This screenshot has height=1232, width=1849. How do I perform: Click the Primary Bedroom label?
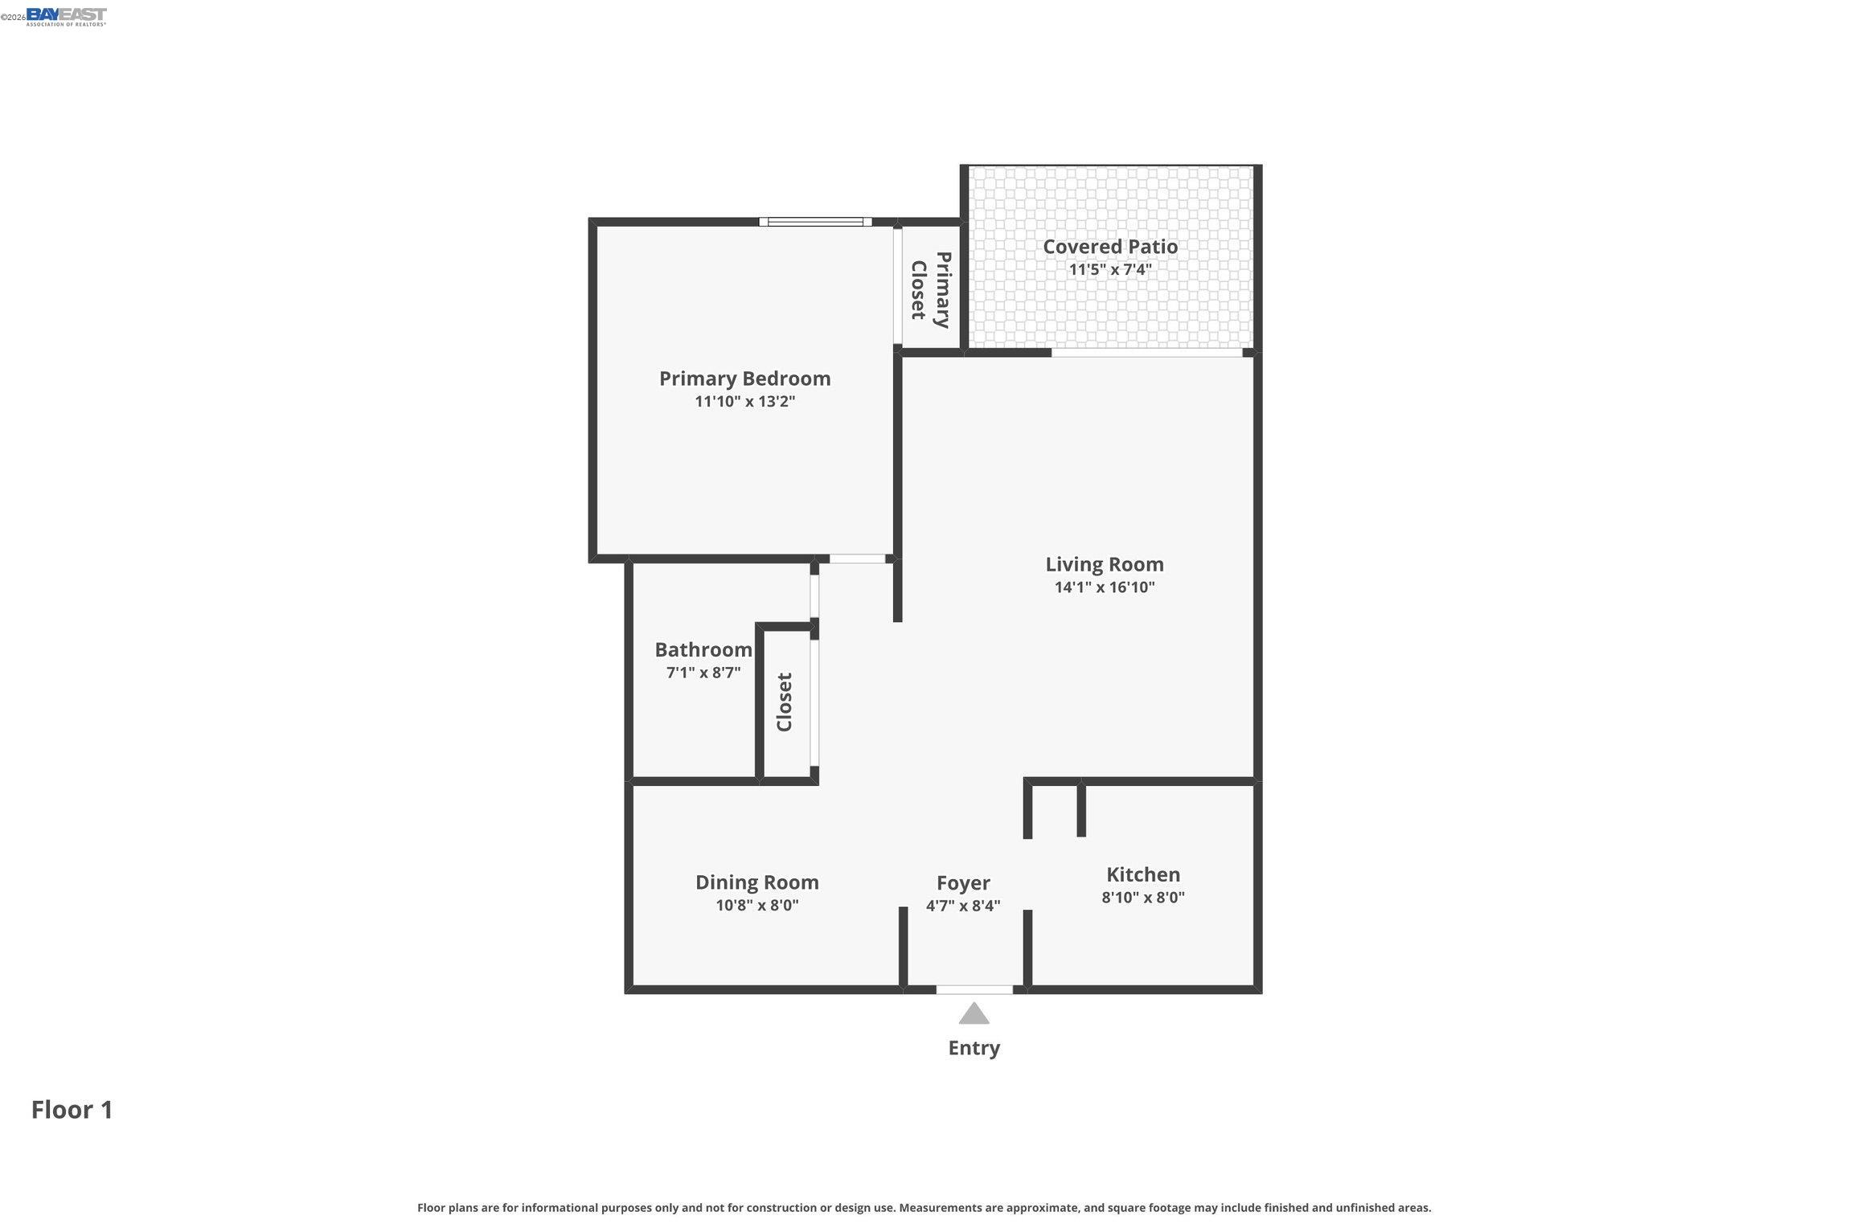pyautogui.click(x=744, y=379)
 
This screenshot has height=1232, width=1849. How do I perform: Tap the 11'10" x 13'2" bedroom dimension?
pyautogui.click(x=744, y=401)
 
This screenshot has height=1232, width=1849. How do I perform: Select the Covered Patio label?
pyautogui.click(x=1110, y=247)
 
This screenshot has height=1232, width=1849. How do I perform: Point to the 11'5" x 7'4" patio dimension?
pyautogui.click(x=1110, y=269)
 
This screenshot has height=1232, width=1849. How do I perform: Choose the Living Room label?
pyautogui.click(x=1105, y=565)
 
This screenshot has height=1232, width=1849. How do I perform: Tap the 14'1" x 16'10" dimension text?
pyautogui.click(x=1105, y=587)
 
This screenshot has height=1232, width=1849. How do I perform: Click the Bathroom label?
pyautogui.click(x=703, y=649)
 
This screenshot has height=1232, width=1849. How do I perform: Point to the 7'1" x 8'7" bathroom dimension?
pyautogui.click(x=703, y=673)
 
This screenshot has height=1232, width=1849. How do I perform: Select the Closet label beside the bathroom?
pyautogui.click(x=785, y=702)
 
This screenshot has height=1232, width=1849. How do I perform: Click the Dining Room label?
pyautogui.click(x=757, y=882)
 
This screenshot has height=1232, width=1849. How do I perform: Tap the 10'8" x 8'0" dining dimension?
pyautogui.click(x=757, y=906)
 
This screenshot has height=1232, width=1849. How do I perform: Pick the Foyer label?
pyautogui.click(x=963, y=884)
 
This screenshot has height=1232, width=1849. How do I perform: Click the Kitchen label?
pyautogui.click(x=1143, y=874)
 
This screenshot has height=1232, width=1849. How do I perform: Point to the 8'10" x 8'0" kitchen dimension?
pyautogui.click(x=1143, y=898)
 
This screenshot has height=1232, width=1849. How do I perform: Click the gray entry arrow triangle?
pyautogui.click(x=974, y=1015)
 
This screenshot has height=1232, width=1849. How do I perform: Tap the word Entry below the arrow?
pyautogui.click(x=974, y=1048)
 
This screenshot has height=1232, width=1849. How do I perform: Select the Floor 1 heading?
pyautogui.click(x=72, y=1110)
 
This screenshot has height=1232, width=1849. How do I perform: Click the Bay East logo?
pyautogui.click(x=66, y=17)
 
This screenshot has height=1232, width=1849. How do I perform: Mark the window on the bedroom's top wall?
pyautogui.click(x=815, y=222)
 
